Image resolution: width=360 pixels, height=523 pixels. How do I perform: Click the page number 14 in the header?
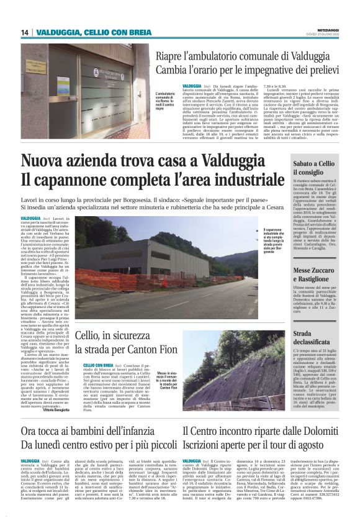click(x=24, y=32)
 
